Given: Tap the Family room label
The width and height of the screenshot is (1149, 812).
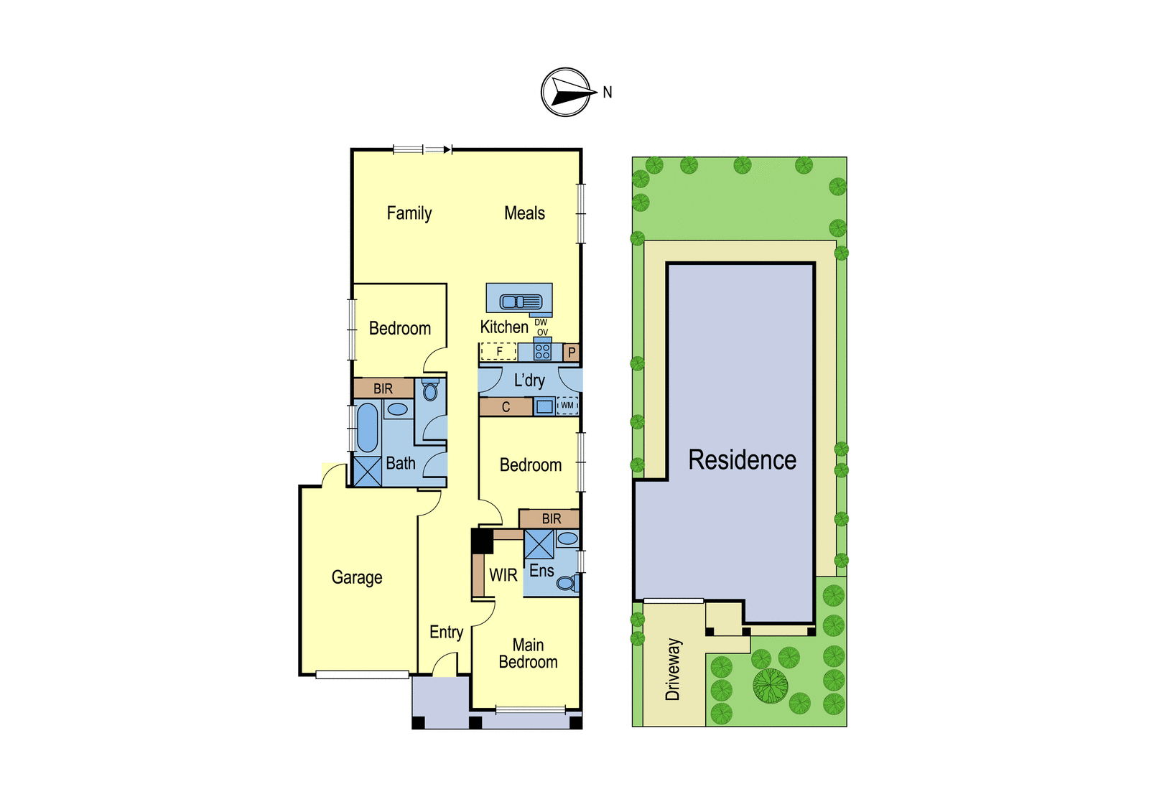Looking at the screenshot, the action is click(409, 213).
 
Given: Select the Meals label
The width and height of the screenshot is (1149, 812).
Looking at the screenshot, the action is click(524, 213).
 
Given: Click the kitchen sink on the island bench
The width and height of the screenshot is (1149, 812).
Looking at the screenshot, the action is click(521, 302).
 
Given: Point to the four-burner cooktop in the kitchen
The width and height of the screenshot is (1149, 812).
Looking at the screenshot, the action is click(542, 351).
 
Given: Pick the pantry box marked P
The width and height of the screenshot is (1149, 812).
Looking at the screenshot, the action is click(572, 353).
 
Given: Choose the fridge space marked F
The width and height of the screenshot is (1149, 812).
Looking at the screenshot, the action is click(498, 351).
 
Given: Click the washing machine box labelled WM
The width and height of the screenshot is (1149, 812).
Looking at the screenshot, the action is click(567, 405).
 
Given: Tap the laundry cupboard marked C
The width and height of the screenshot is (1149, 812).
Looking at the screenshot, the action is click(506, 407).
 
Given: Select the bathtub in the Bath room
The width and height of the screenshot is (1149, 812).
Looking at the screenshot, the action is click(367, 428).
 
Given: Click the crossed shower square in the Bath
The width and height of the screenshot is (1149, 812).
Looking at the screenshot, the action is click(368, 471).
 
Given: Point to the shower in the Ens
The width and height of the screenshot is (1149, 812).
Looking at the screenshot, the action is click(539, 544).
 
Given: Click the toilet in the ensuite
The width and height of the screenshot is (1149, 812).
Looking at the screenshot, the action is click(568, 583).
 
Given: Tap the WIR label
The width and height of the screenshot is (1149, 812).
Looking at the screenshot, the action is click(503, 576).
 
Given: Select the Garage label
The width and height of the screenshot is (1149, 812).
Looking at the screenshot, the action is click(357, 577).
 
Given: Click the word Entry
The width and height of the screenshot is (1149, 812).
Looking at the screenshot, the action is click(446, 633).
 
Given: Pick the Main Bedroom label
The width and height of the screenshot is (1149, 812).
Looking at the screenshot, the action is click(528, 653).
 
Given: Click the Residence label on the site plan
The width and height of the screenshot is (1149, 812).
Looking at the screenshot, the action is click(743, 459).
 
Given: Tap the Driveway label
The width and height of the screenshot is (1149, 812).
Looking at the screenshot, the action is click(672, 669).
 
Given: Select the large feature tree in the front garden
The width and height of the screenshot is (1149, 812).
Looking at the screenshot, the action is click(771, 686).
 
